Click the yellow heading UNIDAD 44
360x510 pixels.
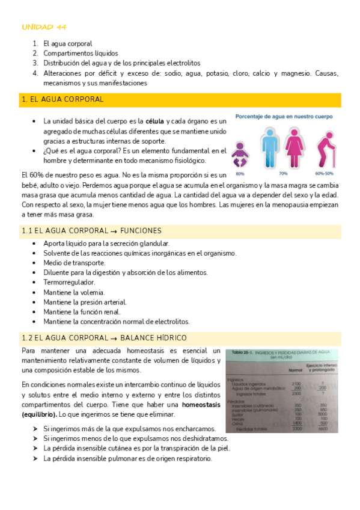[x=44, y=27]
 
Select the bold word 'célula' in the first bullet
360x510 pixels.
[x=155, y=121]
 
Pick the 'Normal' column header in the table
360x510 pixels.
[x=295, y=369]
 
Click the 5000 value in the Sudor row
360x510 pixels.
[x=323, y=414]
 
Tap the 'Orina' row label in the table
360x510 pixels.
[x=239, y=423]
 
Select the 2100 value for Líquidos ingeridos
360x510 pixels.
[x=295, y=383]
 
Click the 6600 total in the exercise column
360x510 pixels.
[x=323, y=429]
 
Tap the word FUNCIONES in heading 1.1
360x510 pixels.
[x=141, y=231]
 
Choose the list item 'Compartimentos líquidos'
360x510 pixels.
[x=81, y=53]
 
